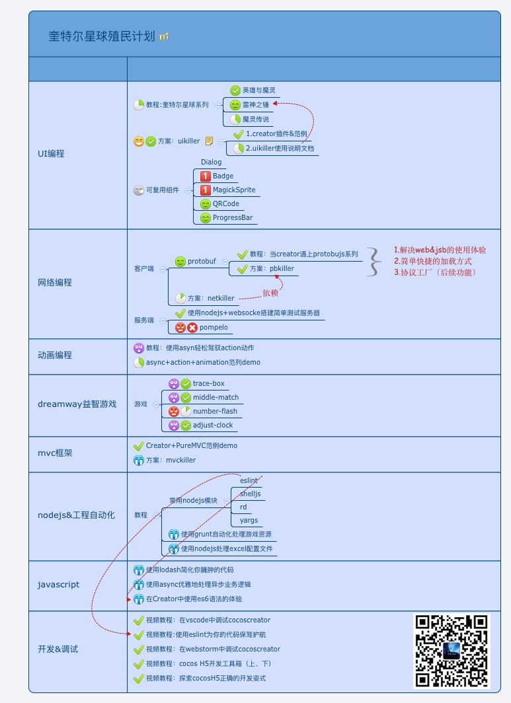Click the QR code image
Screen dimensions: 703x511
pos(452,651)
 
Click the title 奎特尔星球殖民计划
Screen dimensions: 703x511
pos(102,36)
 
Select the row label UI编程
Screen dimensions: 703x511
pos(51,153)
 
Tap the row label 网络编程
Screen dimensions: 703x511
pos(55,282)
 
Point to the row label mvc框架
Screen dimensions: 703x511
pos(55,453)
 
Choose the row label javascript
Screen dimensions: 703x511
pos(58,584)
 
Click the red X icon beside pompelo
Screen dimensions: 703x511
pos(192,327)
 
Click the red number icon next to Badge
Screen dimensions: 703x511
pos(205,176)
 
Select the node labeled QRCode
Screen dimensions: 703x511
pos(226,203)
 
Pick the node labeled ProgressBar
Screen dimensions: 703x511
pos(233,217)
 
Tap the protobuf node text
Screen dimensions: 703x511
pos(202,261)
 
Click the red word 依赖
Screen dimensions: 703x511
pos(270,293)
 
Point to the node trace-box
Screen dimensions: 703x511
pos(209,383)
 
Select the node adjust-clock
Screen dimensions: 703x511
pos(213,425)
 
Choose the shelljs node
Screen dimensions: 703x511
pos(251,494)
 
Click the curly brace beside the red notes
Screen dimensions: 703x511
pos(375,262)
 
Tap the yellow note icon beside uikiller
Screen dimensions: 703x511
pos(209,141)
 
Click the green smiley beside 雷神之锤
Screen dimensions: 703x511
pos(235,104)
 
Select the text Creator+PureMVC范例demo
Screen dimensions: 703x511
pos(192,445)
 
